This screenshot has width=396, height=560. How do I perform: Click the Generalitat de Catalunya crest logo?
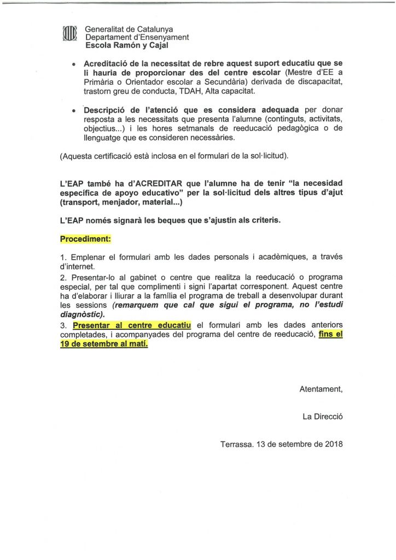69,34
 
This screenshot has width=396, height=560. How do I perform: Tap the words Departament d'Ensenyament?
137,37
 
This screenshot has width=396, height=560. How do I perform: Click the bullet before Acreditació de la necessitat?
73,64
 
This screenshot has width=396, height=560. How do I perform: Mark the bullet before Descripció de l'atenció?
73,112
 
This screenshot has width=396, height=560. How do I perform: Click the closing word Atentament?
321,389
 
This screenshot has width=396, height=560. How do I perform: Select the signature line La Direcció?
322,417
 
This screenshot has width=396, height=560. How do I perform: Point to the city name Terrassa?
237,444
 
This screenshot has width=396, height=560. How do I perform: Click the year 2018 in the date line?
333,444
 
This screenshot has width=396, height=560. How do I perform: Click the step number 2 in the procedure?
63,277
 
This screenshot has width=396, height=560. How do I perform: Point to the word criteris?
263,220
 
